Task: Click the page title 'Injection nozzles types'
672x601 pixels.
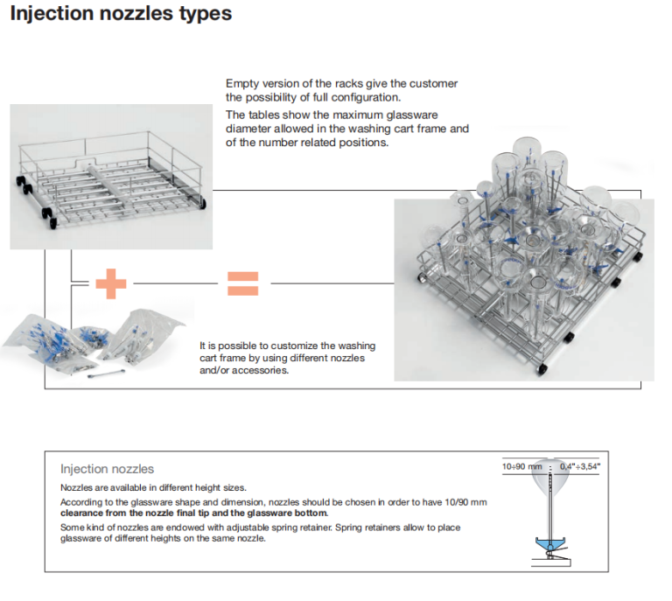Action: pos(121,14)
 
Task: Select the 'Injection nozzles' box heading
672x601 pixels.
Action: pos(107,469)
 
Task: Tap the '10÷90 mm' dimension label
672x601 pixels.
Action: pos(521,466)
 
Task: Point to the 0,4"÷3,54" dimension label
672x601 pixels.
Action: pos(580,466)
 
